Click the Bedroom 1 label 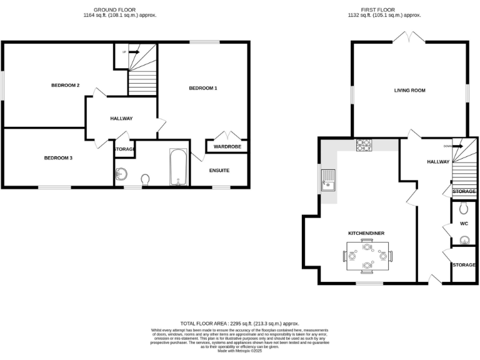pyautogui.click(x=203, y=89)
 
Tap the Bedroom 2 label pyautogui.click(x=65, y=85)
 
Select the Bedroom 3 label pyautogui.click(x=58, y=158)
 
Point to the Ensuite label pyautogui.click(x=219, y=170)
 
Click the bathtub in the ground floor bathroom pyautogui.click(x=178, y=167)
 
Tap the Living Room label pyautogui.click(x=409, y=91)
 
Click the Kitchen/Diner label pyautogui.click(x=366, y=233)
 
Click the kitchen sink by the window pyautogui.click(x=328, y=181)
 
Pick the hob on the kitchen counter pyautogui.click(x=364, y=145)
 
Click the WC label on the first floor pyautogui.click(x=464, y=223)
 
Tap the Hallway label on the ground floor pyautogui.click(x=121, y=118)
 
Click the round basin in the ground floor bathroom pyautogui.click(x=121, y=174)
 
